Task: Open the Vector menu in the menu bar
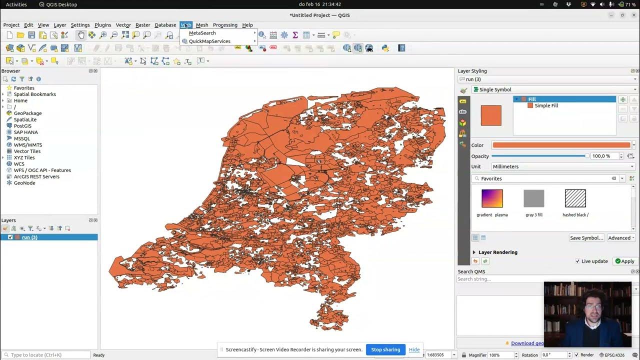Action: (123, 25)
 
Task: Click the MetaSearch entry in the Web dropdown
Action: (202, 33)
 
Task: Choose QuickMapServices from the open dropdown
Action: (209, 41)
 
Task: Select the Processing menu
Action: (225, 25)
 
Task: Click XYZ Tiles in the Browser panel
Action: (24, 157)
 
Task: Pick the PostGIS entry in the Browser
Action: (22, 126)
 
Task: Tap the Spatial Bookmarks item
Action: (34, 94)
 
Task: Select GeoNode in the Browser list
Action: (24, 183)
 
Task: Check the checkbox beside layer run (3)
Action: (10, 237)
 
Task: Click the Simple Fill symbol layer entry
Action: (546, 106)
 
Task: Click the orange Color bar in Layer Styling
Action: (561, 145)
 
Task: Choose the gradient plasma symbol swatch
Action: (492, 198)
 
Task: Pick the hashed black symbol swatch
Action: (575, 198)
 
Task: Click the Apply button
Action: (624, 261)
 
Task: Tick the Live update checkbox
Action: (578, 261)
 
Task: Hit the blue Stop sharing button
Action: (385, 349)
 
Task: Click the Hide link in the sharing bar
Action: (414, 349)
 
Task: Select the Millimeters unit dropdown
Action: (563, 166)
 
